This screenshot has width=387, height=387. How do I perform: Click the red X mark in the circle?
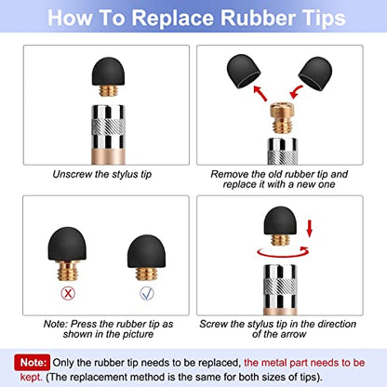[x=68, y=293]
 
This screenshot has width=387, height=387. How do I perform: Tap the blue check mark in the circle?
[x=147, y=293]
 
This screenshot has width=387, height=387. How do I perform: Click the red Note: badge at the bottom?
[x=32, y=363]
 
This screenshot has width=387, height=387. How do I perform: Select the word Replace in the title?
[x=173, y=18]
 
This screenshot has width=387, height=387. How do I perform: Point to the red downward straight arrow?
[x=309, y=229]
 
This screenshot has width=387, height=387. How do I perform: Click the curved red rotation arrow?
[x=283, y=254]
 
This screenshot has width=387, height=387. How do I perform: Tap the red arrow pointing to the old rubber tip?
[x=260, y=93]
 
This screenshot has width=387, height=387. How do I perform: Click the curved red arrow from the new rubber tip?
[x=296, y=92]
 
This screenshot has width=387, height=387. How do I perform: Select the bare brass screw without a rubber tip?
[x=282, y=118]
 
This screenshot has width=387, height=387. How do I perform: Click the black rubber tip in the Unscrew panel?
[x=108, y=72]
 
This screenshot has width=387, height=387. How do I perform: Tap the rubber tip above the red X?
[x=67, y=245]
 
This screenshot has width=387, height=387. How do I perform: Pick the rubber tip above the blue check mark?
[x=147, y=251]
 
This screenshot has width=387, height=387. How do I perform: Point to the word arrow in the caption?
[x=293, y=334]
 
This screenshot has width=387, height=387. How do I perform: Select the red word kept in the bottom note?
[x=31, y=378]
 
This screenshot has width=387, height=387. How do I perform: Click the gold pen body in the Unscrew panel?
[x=108, y=156]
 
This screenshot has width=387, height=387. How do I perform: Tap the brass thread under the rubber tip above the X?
[x=67, y=271]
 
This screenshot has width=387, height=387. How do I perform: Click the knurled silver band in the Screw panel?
[x=280, y=287]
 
